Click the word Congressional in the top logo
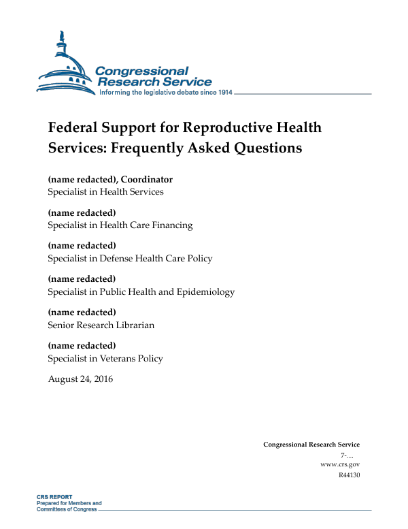tap(141, 71)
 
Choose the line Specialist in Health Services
tap(105, 192)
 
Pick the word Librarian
tap(134, 325)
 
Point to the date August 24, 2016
tap(80, 379)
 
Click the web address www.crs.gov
tap(339, 464)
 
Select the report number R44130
tap(348, 475)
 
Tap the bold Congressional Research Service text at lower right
tap(311, 445)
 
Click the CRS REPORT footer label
tap(54, 497)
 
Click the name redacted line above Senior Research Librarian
tap(82, 312)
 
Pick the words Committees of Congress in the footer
tap(67, 509)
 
